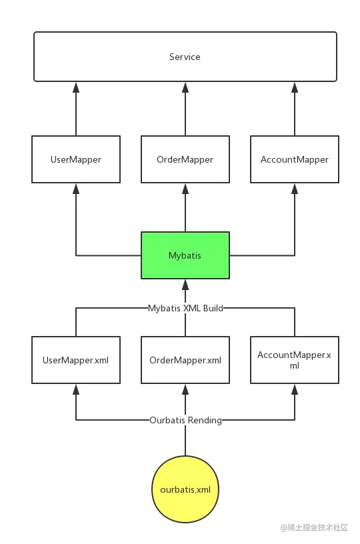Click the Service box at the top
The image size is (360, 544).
tap(185, 57)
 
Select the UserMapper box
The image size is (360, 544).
tap(76, 159)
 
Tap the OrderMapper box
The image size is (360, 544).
tap(185, 159)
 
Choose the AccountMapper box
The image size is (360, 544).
tap(295, 159)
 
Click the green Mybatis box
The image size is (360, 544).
tap(185, 255)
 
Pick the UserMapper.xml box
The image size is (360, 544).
tap(76, 360)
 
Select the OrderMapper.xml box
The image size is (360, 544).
tap(185, 360)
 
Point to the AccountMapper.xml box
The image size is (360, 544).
tap(295, 360)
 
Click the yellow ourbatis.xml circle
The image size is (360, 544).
tap(185, 489)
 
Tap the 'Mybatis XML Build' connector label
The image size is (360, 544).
tap(185, 308)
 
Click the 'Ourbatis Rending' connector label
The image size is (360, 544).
tap(185, 420)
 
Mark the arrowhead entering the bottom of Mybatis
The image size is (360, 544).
tap(185, 285)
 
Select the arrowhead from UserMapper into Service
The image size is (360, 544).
tap(76, 87)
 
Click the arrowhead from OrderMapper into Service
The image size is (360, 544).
tap(185, 87)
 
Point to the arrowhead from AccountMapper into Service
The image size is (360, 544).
tap(295, 87)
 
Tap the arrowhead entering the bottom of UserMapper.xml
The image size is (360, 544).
tap(76, 389)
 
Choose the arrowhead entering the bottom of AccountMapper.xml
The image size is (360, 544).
tap(295, 389)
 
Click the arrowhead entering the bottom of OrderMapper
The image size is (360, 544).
tap(185, 189)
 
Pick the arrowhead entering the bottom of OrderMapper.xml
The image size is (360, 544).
tap(185, 389)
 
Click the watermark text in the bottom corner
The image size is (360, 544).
tap(314, 528)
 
